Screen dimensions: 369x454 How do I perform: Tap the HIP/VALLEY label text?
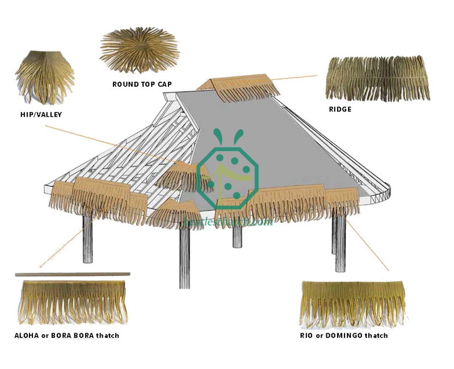[x=41, y=114]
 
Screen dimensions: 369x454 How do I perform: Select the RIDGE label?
[x=340, y=109]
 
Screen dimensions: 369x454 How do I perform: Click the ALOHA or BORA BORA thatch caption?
[x=66, y=336]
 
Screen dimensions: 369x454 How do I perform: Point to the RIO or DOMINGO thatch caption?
[x=344, y=336]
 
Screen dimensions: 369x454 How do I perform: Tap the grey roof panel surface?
[x=284, y=142]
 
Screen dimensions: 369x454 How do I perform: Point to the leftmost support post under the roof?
[x=88, y=238]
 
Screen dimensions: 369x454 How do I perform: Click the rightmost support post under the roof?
[x=339, y=232]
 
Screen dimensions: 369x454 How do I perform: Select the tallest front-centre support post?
[x=184, y=255]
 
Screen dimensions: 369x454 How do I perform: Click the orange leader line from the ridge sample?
[x=295, y=77]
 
